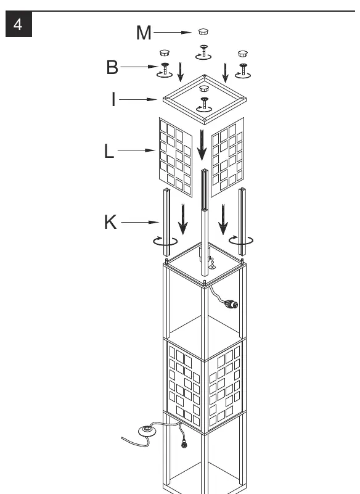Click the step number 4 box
click(19, 24)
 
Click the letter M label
click(144, 33)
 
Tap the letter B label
click(112, 67)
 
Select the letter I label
click(113, 99)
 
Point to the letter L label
click(108, 151)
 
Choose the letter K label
click(110, 222)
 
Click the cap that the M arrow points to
click(203, 31)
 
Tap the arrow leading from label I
click(138, 99)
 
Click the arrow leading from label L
click(136, 150)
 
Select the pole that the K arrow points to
click(166, 222)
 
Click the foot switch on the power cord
click(147, 430)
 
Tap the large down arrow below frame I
click(202, 145)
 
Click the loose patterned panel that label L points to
click(176, 157)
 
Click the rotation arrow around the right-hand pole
click(241, 241)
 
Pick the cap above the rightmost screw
click(243, 54)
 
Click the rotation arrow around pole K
click(165, 242)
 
